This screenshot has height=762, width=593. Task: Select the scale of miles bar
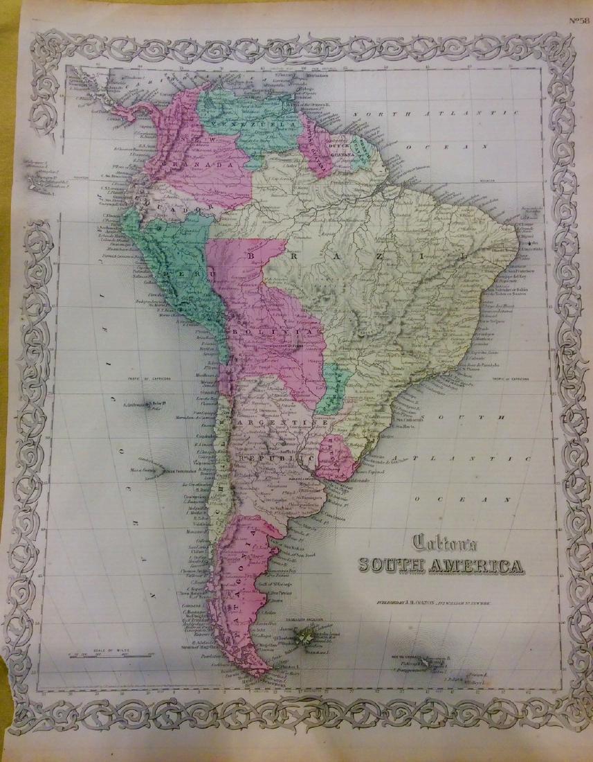[103, 655]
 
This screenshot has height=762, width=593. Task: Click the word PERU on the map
[178, 275]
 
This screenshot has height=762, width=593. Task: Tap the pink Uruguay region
[334, 454]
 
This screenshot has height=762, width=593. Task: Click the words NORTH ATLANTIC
[443, 113]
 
